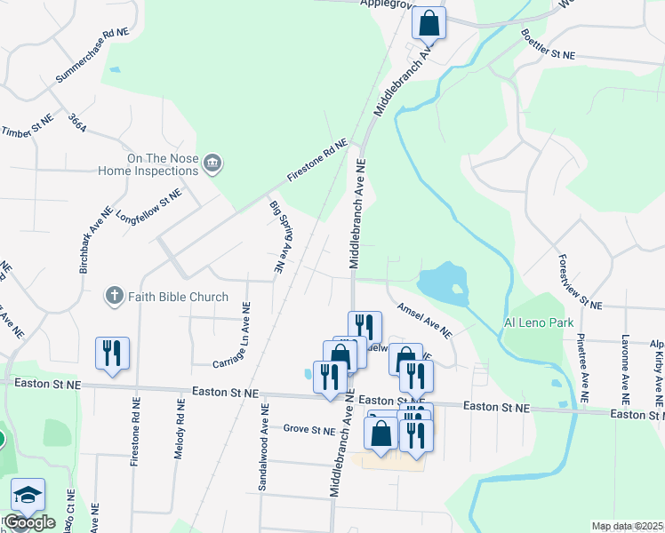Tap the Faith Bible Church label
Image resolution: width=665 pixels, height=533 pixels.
coord(178,297)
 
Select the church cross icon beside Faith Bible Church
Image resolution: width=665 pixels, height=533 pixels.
coord(114,296)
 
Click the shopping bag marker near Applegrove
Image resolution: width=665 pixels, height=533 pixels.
coord(429,24)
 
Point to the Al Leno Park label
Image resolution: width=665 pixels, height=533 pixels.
coord(539,322)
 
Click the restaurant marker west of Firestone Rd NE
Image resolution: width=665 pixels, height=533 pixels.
coord(113,354)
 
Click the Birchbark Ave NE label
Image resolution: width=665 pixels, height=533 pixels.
coord(96,239)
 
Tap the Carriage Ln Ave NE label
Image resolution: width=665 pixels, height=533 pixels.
coord(232,336)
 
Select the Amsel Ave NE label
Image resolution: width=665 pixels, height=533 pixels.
coord(425,321)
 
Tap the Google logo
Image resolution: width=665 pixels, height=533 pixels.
coord(29,522)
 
